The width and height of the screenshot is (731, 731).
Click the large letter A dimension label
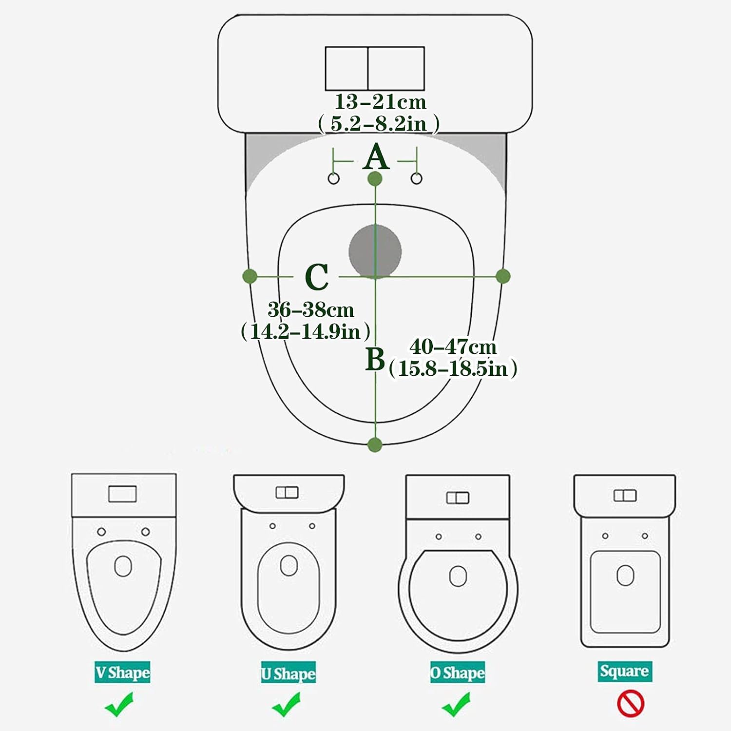376,157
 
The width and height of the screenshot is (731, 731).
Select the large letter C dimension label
317,277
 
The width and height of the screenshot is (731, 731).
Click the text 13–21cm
380,102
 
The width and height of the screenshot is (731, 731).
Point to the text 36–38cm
310,309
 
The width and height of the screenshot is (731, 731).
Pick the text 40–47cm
453,347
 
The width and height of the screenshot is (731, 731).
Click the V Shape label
122,672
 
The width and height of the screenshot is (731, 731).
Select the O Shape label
458,673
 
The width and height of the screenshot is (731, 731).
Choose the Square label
625,672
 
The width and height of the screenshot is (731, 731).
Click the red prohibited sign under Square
631,704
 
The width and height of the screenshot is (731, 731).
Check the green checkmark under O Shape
456,705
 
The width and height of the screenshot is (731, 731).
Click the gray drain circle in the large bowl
375,251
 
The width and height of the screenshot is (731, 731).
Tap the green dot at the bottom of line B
374,444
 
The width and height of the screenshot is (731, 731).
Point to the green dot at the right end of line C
503,276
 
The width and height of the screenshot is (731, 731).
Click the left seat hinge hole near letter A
333,178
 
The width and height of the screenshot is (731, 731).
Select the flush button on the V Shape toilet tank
122,494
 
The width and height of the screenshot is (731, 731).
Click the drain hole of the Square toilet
625,575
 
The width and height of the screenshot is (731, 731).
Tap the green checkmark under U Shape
287,705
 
